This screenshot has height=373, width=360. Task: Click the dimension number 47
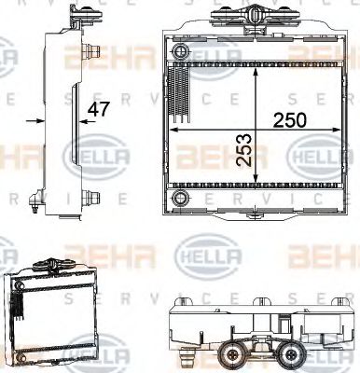(x=98, y=109)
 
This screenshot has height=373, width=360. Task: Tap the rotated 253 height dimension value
(x=244, y=147)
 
